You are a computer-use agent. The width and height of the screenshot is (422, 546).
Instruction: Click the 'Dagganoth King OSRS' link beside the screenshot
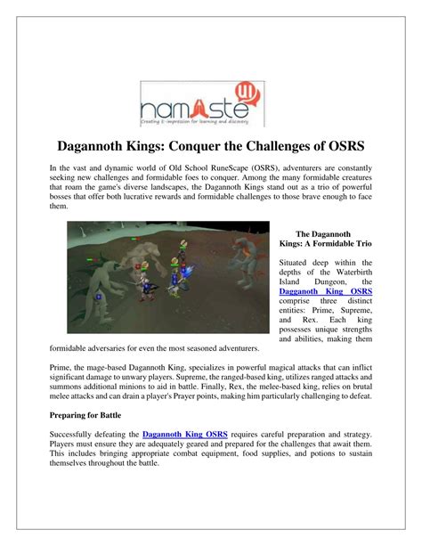tap(326, 291)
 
